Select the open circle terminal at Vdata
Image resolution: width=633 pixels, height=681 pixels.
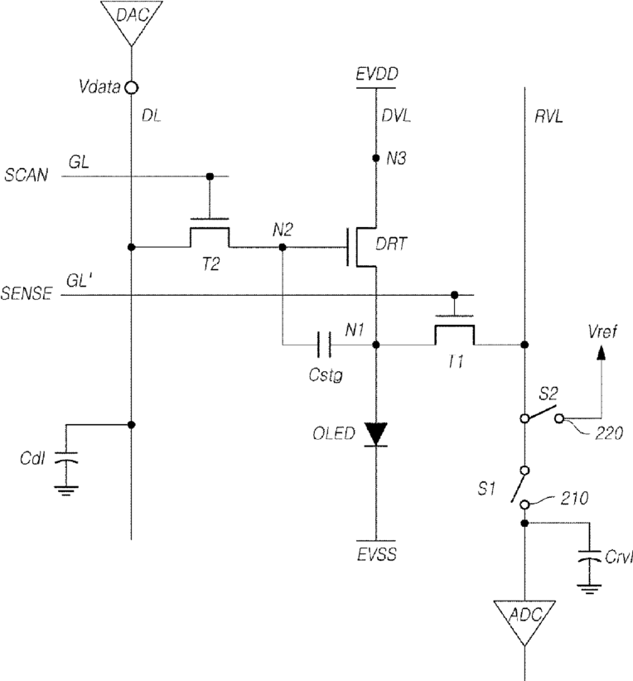(x=131, y=88)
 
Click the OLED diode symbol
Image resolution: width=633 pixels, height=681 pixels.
(x=376, y=434)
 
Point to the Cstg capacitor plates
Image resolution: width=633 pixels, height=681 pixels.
(x=324, y=345)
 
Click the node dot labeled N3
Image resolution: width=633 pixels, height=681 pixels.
(x=376, y=158)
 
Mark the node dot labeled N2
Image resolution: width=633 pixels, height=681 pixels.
(x=283, y=247)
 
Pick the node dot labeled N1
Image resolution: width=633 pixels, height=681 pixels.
(x=376, y=345)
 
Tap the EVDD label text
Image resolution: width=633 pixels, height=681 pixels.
(x=377, y=74)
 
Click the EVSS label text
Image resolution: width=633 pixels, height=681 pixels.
(x=377, y=554)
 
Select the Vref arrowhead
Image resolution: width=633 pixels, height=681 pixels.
(x=602, y=352)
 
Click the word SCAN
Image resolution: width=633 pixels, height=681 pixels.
(x=26, y=175)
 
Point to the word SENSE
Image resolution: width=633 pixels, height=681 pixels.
(x=27, y=293)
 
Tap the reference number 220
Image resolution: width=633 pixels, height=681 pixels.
(x=609, y=433)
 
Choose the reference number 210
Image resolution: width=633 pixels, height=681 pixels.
(x=574, y=498)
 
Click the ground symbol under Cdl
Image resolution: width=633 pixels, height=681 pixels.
(x=66, y=490)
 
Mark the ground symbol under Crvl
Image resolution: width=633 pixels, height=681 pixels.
(x=589, y=589)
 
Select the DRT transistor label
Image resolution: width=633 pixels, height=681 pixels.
(x=391, y=244)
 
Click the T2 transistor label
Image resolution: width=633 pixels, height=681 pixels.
(x=210, y=263)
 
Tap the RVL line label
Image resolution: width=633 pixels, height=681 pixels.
(x=548, y=116)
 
